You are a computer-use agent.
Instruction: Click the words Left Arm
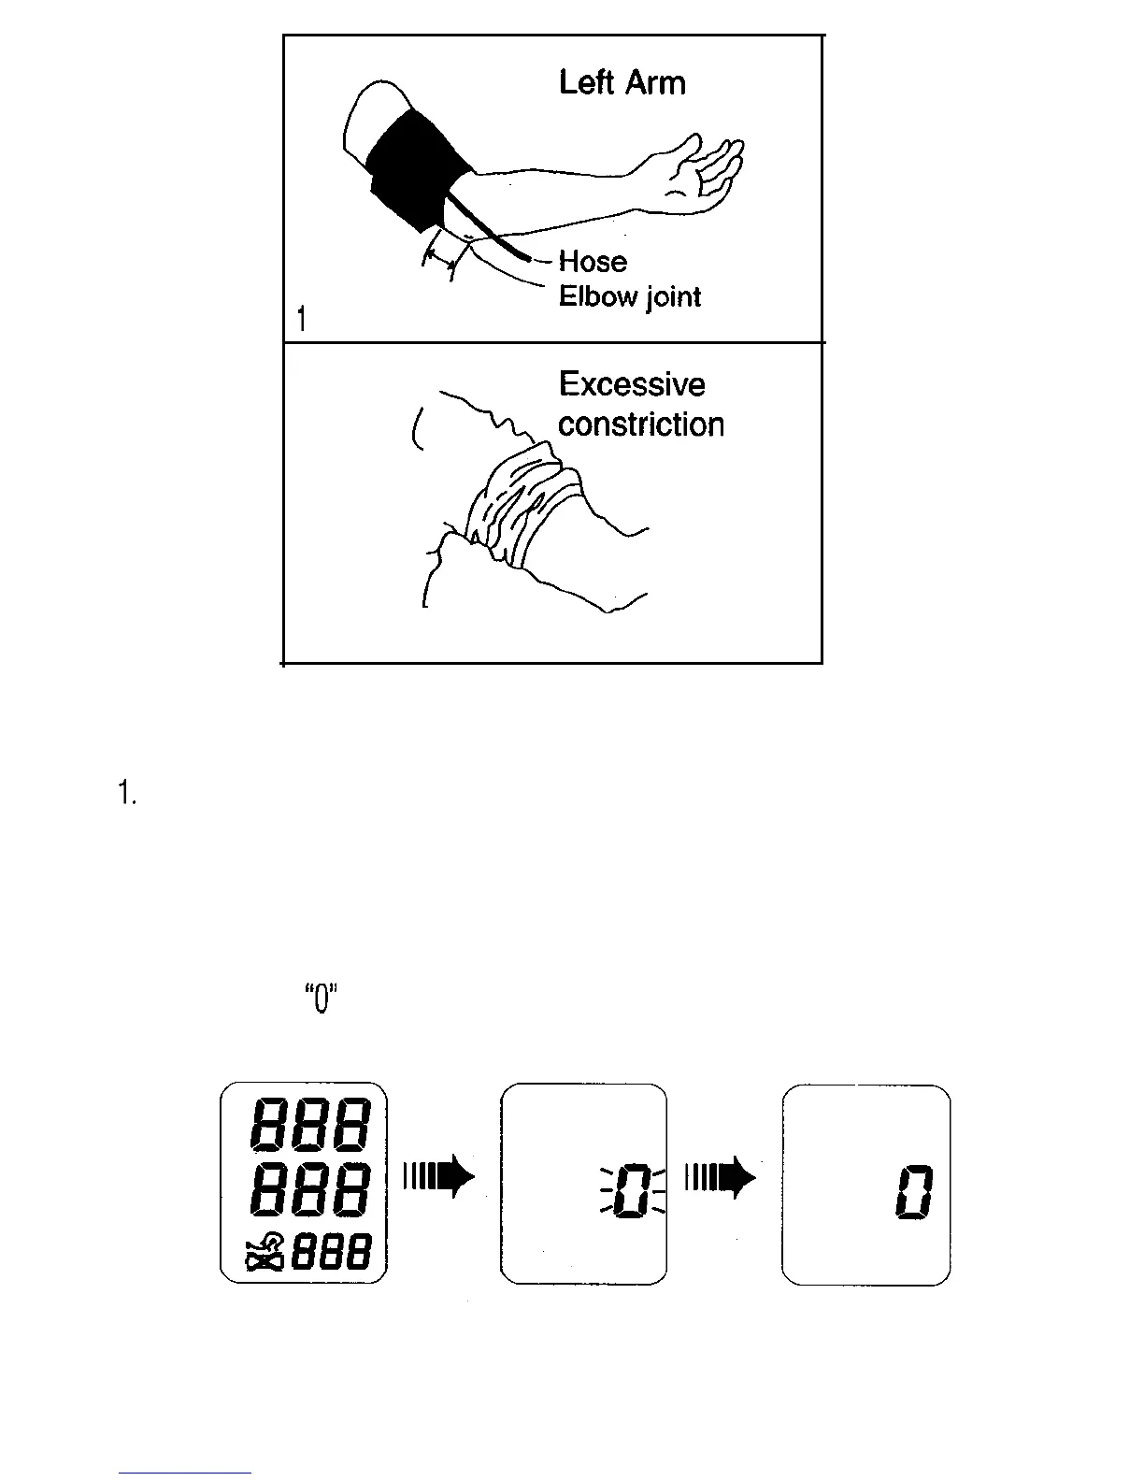(x=622, y=83)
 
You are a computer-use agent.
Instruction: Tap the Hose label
(x=593, y=261)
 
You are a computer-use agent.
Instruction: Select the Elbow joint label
(x=629, y=297)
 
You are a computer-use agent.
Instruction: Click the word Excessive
(x=632, y=384)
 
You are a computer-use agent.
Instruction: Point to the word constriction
(x=641, y=424)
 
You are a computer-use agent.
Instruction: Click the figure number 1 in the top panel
(x=301, y=320)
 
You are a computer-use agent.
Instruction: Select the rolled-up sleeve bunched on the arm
(x=514, y=510)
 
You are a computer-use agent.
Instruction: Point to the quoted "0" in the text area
(x=321, y=1000)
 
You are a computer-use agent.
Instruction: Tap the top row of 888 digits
(x=309, y=1125)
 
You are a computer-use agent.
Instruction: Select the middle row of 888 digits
(x=309, y=1190)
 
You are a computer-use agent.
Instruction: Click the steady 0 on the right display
(x=914, y=1191)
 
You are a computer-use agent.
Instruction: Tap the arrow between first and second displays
(x=439, y=1176)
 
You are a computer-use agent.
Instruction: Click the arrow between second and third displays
(x=720, y=1176)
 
